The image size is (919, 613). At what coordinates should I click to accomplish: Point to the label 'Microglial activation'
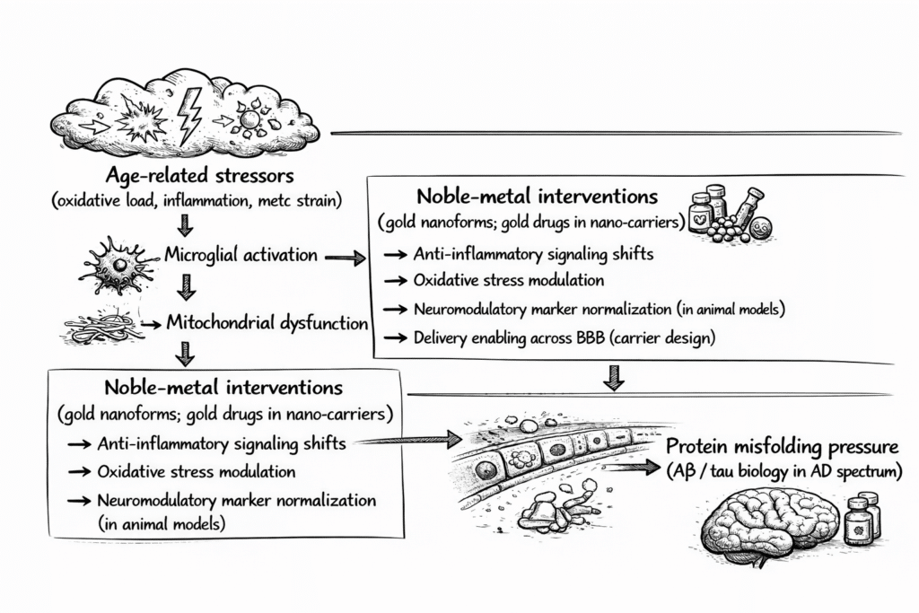click(241, 255)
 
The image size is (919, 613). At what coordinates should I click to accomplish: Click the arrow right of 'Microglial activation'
click(344, 258)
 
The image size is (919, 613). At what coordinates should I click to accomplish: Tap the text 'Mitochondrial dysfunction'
click(268, 323)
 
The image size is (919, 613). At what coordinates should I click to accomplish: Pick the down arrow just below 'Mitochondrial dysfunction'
click(185, 355)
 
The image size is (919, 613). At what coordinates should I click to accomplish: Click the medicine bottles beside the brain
click(862, 520)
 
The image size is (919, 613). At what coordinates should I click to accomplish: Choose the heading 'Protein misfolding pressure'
click(781, 447)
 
